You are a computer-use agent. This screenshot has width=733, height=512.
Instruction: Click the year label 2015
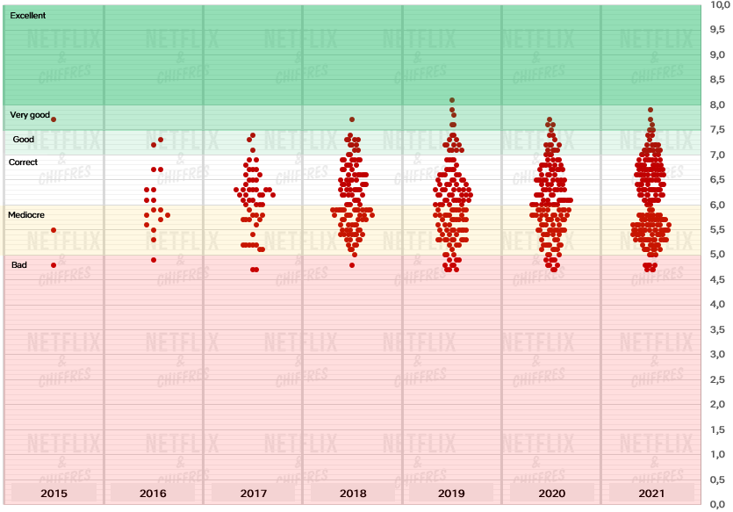tap(54, 494)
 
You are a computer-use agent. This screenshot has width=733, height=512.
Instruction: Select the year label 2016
tap(153, 494)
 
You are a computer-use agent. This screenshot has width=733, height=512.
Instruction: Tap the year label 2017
tap(254, 494)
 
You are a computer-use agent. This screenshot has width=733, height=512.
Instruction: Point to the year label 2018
tap(353, 494)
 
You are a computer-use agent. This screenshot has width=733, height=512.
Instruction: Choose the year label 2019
tap(452, 494)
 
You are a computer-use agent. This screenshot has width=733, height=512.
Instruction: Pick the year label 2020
tap(551, 494)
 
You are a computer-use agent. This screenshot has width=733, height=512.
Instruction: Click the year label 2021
tap(651, 494)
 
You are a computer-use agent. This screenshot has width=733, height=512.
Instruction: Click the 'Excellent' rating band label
tap(28, 16)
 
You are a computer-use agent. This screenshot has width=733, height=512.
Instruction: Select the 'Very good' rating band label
tap(30, 115)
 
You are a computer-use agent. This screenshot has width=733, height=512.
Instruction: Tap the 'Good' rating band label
tap(24, 140)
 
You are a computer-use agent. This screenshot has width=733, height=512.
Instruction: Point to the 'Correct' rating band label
tap(24, 162)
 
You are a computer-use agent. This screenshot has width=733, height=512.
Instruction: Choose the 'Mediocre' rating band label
tap(26, 215)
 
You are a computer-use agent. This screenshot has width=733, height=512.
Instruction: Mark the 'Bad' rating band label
tap(19, 264)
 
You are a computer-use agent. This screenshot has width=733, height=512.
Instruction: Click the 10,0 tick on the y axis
tap(718, 4)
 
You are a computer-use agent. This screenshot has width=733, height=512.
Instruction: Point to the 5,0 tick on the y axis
tap(718, 255)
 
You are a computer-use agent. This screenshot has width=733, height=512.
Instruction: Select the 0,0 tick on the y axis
tap(718, 505)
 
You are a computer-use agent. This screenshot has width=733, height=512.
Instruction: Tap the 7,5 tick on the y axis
tap(718, 130)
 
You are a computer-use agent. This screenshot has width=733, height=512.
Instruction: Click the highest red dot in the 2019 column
tap(452, 100)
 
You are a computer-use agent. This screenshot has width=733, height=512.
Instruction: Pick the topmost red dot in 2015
tap(54, 119)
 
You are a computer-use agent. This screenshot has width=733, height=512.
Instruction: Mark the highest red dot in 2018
tap(352, 119)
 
